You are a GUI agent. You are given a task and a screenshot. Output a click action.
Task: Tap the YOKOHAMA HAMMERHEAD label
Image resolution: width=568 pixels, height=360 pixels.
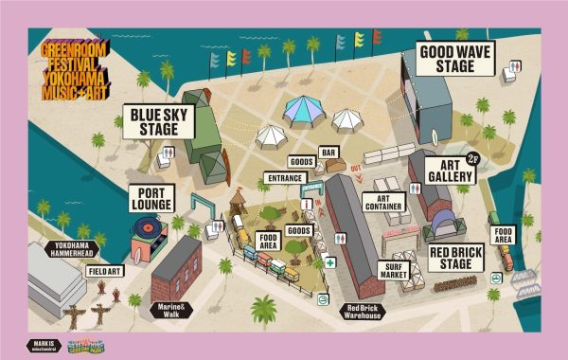(x=72, y=250)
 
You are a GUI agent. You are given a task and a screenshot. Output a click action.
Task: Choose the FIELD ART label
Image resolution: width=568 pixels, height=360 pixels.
(x=107, y=271)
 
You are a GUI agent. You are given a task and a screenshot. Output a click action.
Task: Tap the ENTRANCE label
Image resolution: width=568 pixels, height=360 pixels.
(x=284, y=177)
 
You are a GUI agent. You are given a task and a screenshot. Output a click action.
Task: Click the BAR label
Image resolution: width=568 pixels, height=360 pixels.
(x=329, y=152)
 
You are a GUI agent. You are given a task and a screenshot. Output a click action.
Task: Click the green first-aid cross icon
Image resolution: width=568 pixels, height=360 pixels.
(x=329, y=262)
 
